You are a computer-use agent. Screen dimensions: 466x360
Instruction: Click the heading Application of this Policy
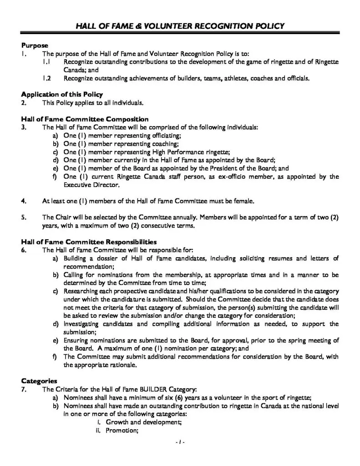pyautogui.click(x=61, y=94)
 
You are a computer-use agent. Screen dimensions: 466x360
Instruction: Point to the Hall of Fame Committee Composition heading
pyautogui.click(x=85, y=119)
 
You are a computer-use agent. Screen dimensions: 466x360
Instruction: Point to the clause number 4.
pyautogui.click(x=23, y=200)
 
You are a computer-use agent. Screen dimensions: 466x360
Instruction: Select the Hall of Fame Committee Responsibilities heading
pyautogui.click(x=89, y=242)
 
